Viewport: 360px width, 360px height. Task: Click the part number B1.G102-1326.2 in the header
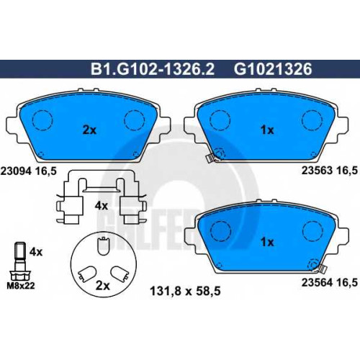click(x=152, y=69)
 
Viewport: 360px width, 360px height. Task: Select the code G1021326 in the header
click(x=273, y=69)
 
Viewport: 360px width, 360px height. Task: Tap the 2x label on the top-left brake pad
click(x=89, y=130)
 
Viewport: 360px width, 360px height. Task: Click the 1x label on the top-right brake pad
click(x=267, y=130)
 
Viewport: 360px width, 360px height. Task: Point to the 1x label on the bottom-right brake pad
click(x=267, y=242)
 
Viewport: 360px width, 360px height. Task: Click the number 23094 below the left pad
click(x=17, y=171)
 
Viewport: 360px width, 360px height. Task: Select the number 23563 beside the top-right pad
click(x=317, y=171)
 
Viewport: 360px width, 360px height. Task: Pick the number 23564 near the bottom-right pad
click(x=317, y=282)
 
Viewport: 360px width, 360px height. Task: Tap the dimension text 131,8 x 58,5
click(x=185, y=292)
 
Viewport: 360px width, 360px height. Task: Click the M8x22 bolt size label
click(x=21, y=286)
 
